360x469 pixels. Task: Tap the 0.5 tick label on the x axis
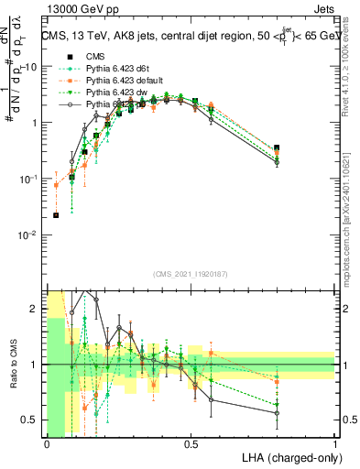click(x=191, y=443)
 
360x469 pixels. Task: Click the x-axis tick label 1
click(x=335, y=443)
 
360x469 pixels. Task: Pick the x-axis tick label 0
click(x=47, y=443)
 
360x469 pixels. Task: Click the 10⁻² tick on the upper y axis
click(x=29, y=235)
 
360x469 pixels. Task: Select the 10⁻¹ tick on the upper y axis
click(x=29, y=180)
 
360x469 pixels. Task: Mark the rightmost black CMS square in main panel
click(x=277, y=147)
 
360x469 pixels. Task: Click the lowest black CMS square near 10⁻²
click(x=57, y=215)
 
